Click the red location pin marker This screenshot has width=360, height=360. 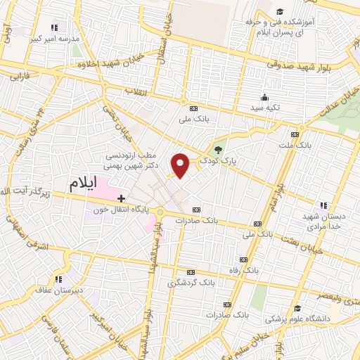[x=181, y=165]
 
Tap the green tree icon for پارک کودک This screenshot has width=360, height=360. [x=218, y=149]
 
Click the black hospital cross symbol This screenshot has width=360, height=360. [x=121, y=198]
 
